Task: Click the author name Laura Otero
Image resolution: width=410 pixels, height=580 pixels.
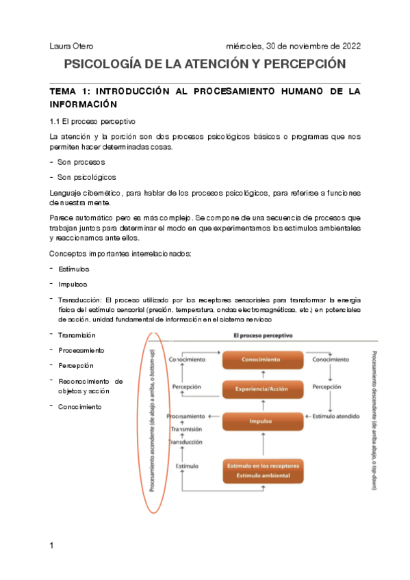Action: [x=72, y=46]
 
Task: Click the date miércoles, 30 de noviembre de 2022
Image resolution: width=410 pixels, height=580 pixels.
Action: [x=293, y=46]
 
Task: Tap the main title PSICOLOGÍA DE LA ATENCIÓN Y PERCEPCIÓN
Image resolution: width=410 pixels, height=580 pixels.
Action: [x=205, y=65]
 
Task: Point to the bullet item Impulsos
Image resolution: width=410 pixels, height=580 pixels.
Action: [x=73, y=284]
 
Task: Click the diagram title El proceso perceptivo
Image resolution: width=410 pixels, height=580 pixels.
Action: [x=263, y=337]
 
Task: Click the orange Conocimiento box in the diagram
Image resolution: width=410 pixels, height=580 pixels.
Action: [x=261, y=359]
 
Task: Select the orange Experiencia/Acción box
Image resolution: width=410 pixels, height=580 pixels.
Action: [x=261, y=388]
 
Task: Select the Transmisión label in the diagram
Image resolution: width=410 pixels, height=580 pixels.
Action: [x=185, y=429]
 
